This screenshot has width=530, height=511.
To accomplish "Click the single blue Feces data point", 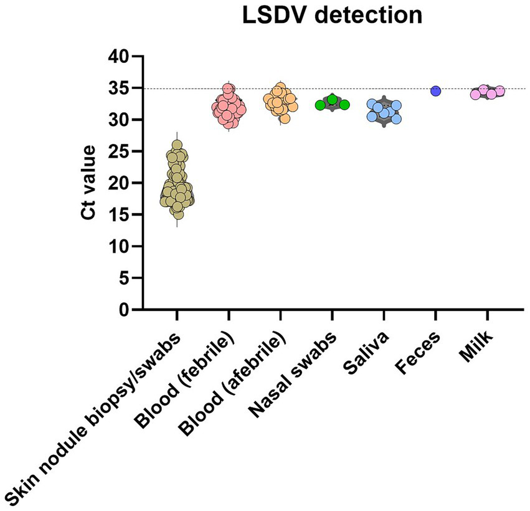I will coord(435,91).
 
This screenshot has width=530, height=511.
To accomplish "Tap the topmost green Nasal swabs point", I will coord(332,99).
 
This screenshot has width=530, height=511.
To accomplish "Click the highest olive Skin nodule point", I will coord(177,145).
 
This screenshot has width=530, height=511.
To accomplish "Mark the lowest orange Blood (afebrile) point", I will coord(285,118).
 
